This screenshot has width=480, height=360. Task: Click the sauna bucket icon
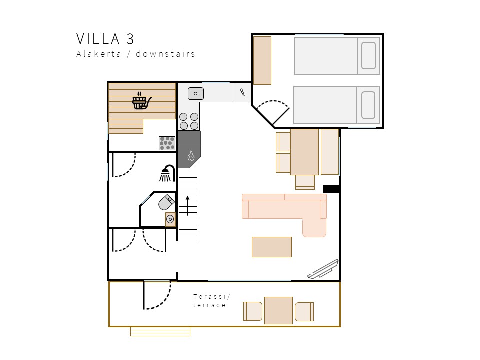pos(141,101)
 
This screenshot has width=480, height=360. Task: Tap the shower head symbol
pos(167,173)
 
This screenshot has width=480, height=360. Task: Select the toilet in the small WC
pos(166,202)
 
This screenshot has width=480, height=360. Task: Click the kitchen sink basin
pos(196,93)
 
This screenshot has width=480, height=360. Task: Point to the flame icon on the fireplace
pos(191,156)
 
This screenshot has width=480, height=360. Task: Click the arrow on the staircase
pos(187,206)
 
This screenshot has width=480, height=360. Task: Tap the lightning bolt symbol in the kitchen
pos(242,92)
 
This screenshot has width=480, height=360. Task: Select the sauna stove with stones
pos(167,143)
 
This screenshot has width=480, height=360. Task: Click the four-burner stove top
pos(189,121)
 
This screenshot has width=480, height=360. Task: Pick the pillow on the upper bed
pos(368,55)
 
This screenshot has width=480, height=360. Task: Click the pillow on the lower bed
pos(368,105)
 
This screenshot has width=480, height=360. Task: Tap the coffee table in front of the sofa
pos(272,247)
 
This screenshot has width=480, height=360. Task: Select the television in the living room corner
pos(323,269)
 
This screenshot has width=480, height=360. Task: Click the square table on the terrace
pos(278,310)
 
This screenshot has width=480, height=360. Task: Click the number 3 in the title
pos(130,39)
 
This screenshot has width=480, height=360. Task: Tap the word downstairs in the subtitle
pos(165,54)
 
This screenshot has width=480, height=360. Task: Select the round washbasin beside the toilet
pos(170,219)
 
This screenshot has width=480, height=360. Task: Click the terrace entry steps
pos(160,332)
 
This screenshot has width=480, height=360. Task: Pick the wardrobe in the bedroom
pos(262,60)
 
